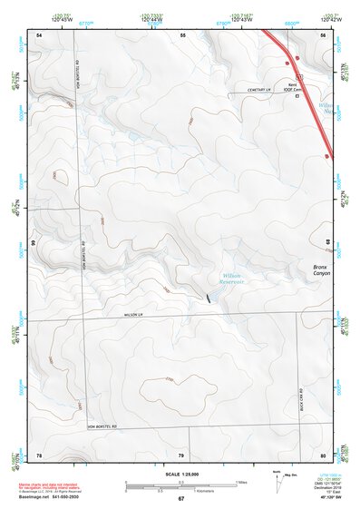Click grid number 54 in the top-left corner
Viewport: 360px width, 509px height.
(39, 34)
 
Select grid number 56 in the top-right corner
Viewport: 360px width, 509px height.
(323, 34)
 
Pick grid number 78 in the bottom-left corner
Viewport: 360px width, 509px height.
(39, 454)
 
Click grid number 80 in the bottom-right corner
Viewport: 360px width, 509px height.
(323, 454)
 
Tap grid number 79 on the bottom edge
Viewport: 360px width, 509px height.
(180, 454)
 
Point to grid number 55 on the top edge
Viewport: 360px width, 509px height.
(182, 34)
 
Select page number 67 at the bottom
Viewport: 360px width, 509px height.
(180, 499)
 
